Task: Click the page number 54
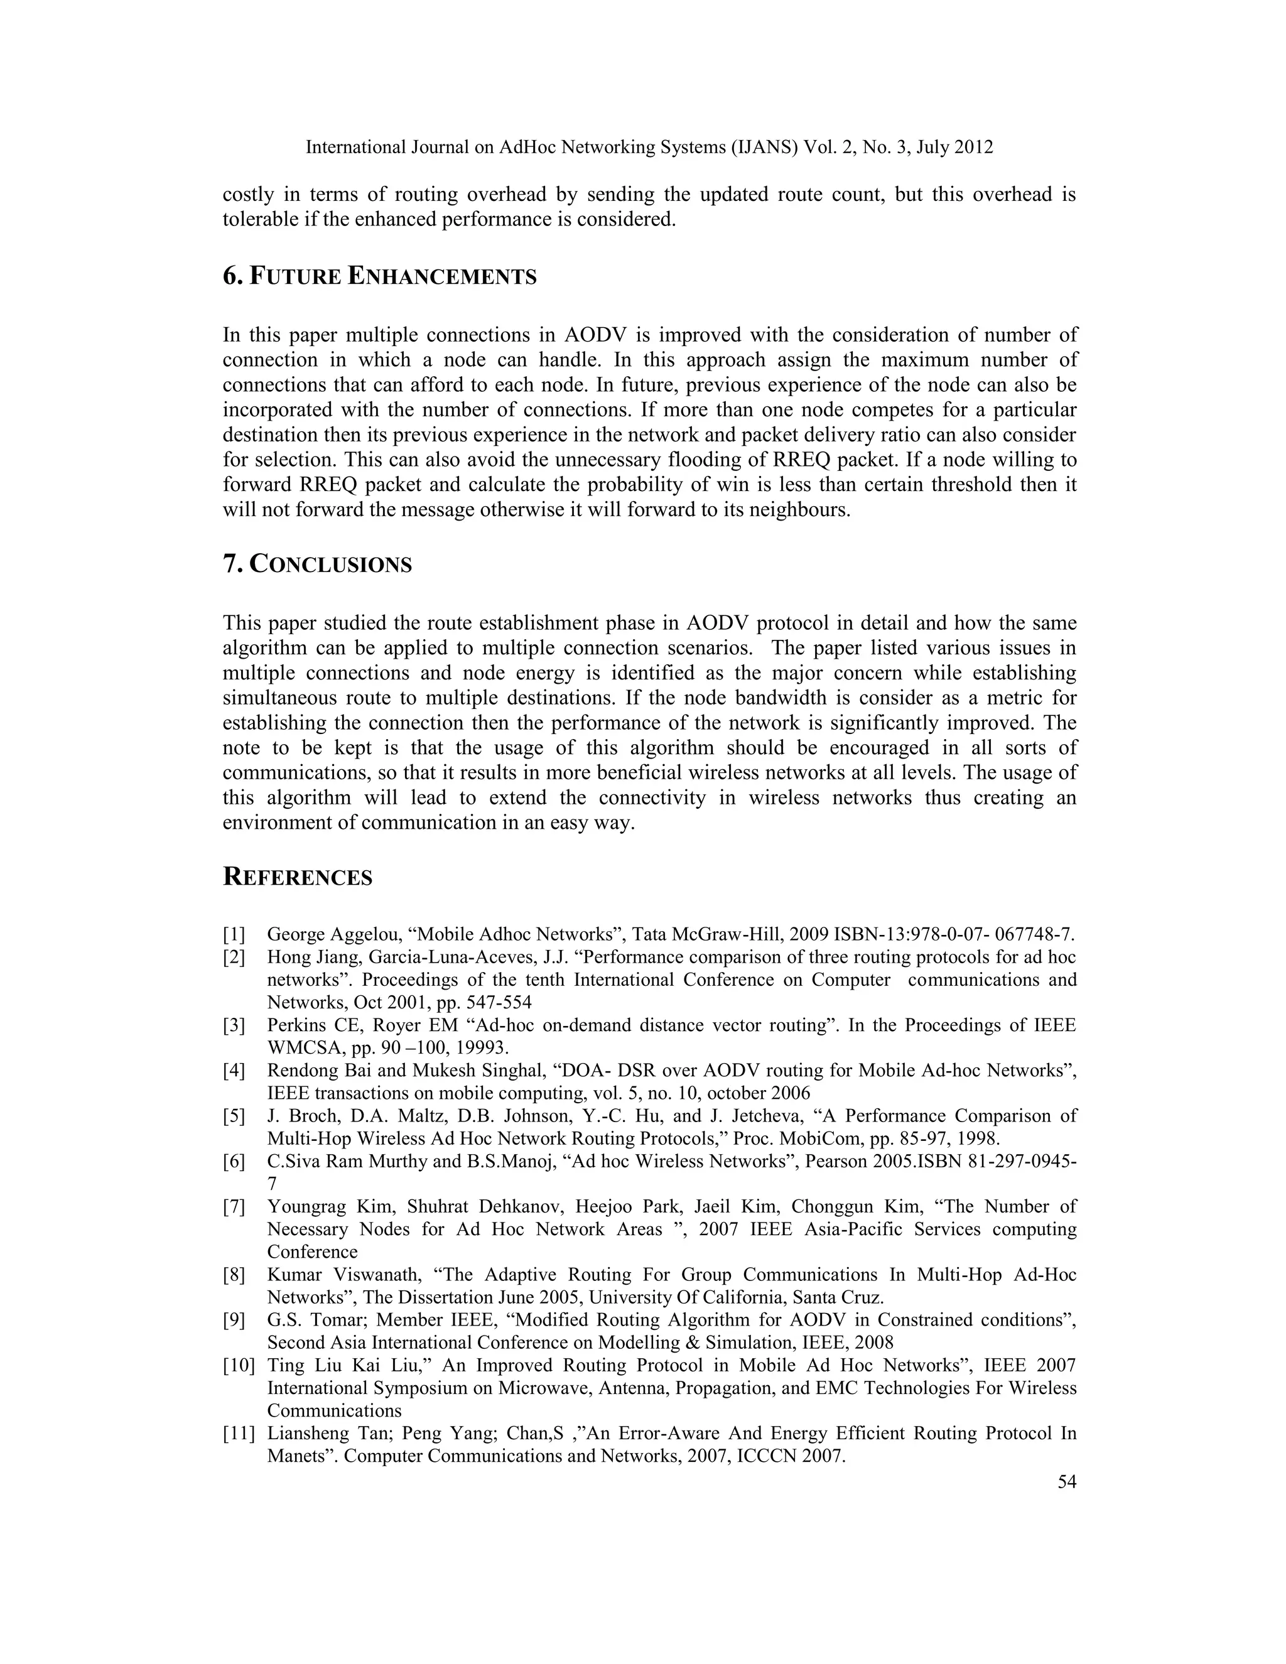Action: (x=1067, y=1482)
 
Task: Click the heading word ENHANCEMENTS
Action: (x=442, y=276)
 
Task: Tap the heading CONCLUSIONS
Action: (x=331, y=565)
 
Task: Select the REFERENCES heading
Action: (x=298, y=877)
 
